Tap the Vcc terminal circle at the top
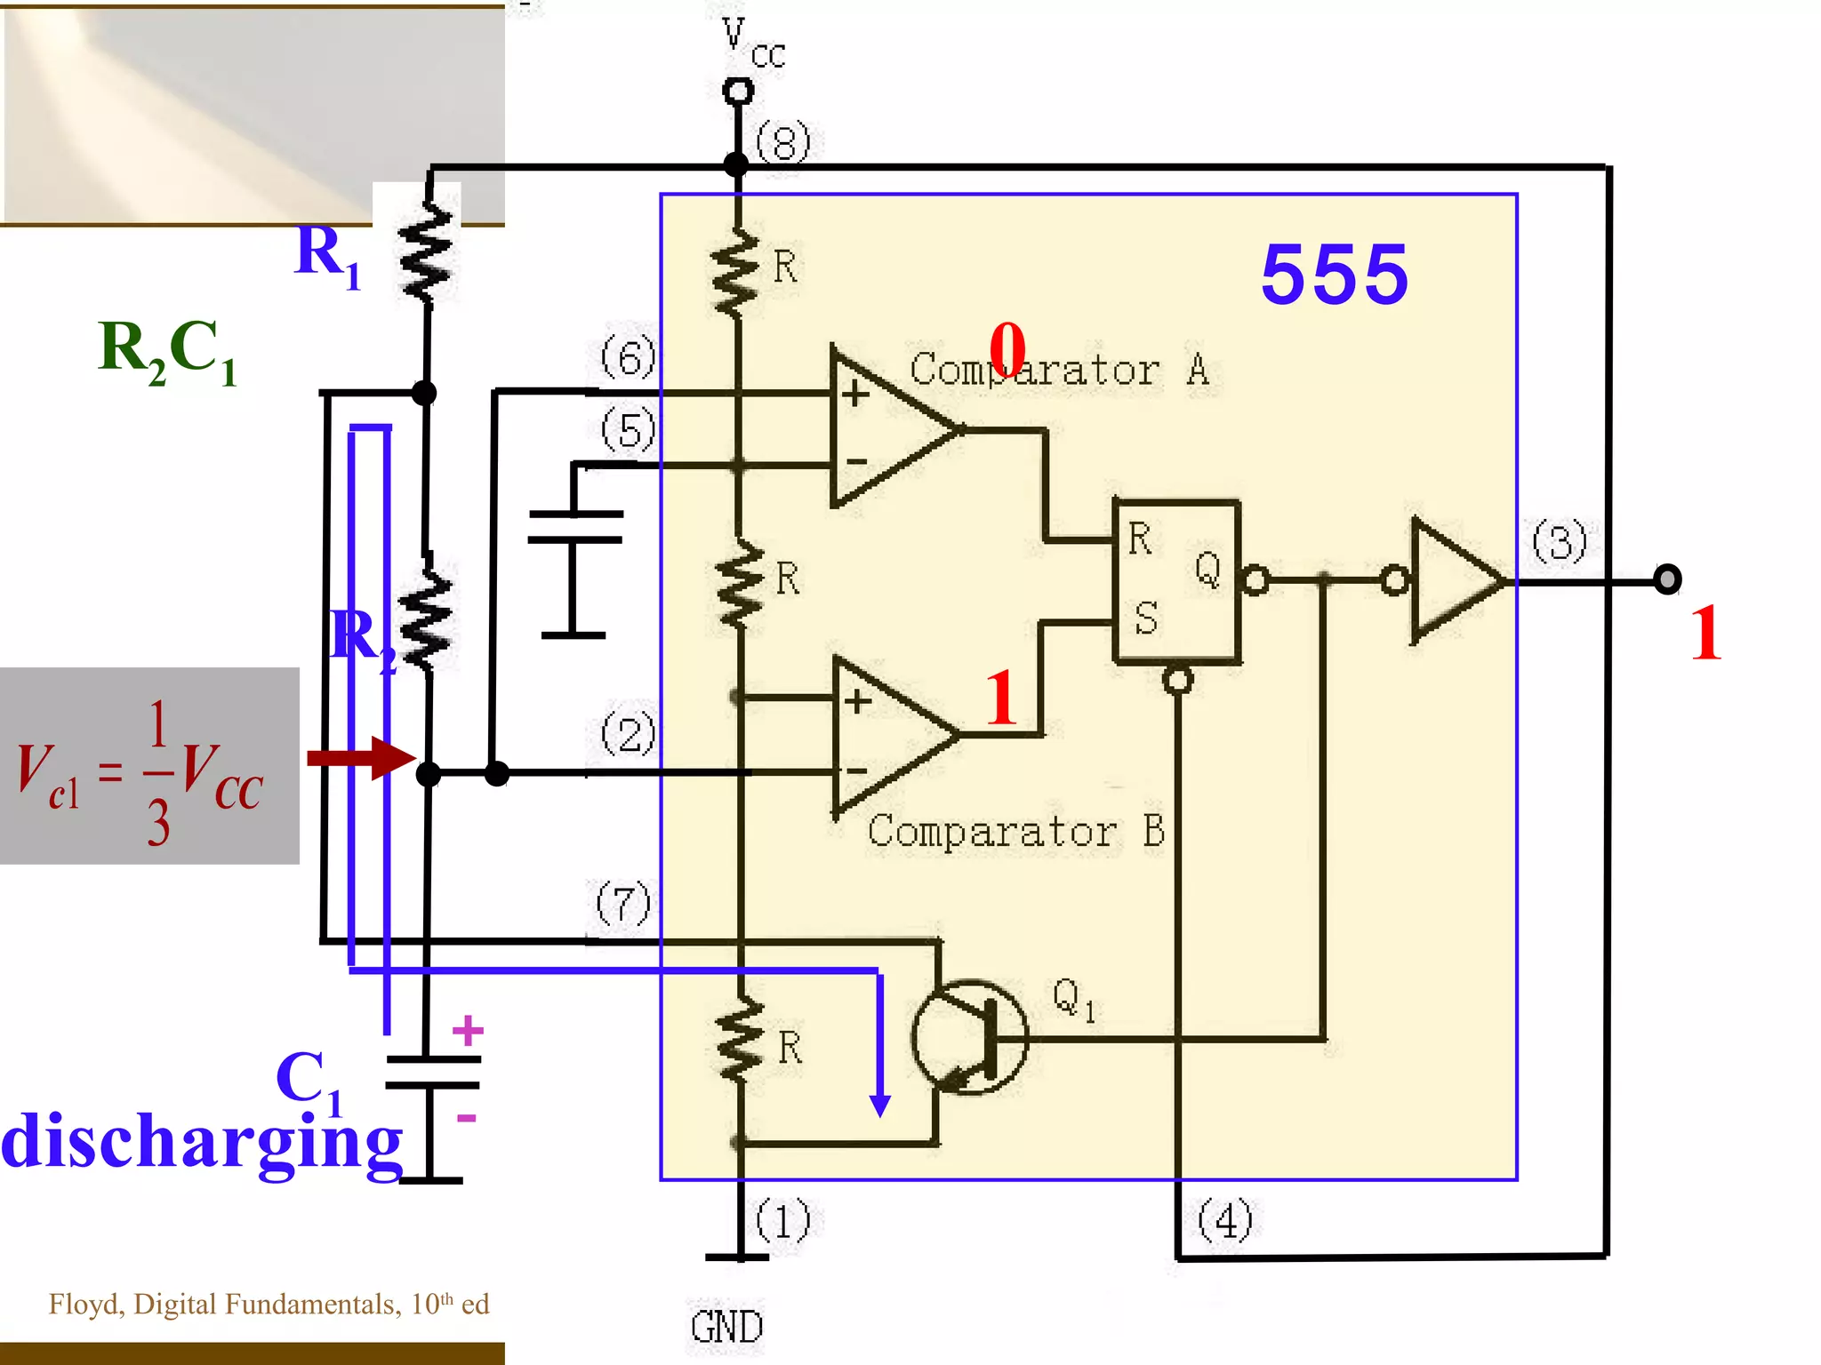[737, 91]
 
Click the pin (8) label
[783, 142]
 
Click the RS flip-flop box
[1175, 582]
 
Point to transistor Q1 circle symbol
[969, 1038]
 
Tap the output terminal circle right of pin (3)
[1666, 579]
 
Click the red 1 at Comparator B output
[1001, 698]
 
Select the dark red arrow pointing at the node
[360, 758]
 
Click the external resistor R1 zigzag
[427, 253]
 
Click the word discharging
[203, 1142]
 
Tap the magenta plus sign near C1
[468, 1031]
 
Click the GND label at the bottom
[726, 1327]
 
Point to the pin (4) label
[1225, 1219]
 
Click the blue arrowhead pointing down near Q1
[879, 1104]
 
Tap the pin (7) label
[623, 904]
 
